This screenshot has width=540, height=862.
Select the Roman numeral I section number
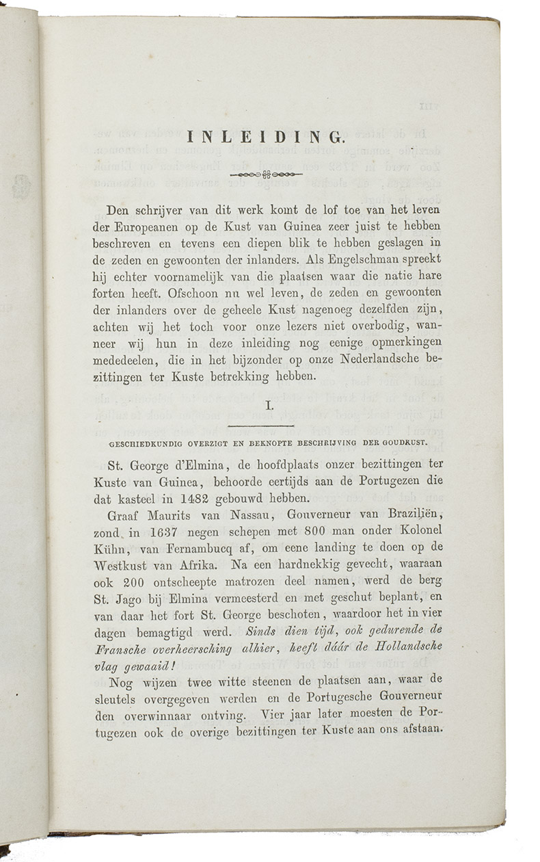(x=269, y=406)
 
